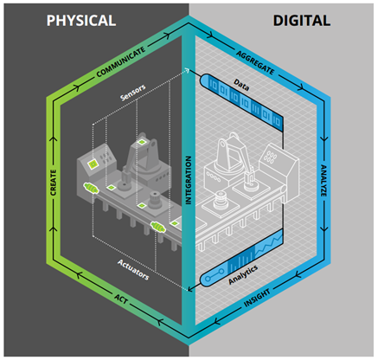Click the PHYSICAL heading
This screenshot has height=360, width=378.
click(81, 21)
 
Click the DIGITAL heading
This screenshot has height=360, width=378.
click(302, 21)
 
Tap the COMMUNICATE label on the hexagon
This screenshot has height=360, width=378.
click(121, 62)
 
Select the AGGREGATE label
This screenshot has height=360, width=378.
click(255, 62)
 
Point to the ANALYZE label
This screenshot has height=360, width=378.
click(324, 181)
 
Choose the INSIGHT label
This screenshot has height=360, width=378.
click(257, 299)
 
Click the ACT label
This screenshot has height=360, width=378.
click(121, 299)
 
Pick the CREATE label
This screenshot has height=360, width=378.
click(54, 183)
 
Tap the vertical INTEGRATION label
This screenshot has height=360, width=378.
click(189, 180)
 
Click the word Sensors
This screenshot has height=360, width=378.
click(133, 93)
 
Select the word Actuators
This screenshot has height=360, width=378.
click(133, 270)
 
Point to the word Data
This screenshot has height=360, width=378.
click(241, 85)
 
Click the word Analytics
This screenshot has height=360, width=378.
click(243, 275)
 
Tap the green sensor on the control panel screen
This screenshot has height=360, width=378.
click(93, 164)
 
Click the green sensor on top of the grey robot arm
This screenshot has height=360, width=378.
click(142, 142)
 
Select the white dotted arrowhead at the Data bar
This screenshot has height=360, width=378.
click(187, 70)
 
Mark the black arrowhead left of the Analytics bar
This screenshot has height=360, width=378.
click(189, 288)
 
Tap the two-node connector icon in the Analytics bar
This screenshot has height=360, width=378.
click(215, 276)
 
